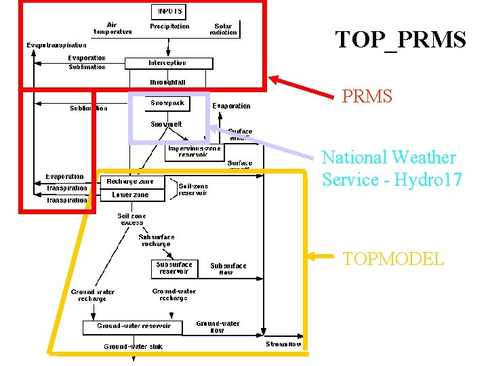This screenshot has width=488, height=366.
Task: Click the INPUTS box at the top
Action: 170,12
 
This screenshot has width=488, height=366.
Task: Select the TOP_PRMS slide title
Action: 401,40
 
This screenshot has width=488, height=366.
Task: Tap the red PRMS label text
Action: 367,96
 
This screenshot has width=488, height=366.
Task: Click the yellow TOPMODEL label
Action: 393,259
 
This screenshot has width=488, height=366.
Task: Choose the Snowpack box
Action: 167,104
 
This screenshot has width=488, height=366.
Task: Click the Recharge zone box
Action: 130,182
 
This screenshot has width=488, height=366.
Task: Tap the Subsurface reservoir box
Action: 174,268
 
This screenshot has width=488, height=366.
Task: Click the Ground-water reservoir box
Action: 134,327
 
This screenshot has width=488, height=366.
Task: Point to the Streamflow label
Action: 283,344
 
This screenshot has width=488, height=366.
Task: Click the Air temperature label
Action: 113,28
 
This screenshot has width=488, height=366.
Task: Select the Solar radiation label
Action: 224,30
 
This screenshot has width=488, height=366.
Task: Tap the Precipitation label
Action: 169,26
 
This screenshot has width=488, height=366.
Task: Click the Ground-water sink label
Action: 133,346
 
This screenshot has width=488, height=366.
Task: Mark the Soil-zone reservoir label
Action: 193,190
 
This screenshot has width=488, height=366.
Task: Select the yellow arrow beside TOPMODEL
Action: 323,256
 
